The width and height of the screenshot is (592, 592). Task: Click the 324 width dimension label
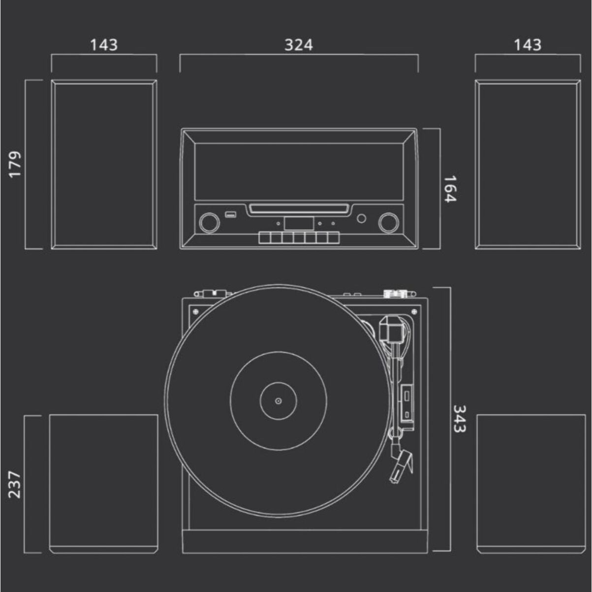coord(298,45)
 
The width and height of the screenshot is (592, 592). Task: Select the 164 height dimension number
coord(450,188)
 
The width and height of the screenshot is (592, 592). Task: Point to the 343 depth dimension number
coord(459,419)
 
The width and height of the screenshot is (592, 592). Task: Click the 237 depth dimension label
coord(15,484)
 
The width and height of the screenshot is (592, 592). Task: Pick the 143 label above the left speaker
coord(104,45)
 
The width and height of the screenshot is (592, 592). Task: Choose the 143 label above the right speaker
coord(528,45)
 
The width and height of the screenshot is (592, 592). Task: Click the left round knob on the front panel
coord(209,222)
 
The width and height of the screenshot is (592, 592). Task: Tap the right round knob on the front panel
coord(388,222)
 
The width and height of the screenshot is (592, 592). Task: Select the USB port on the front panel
coord(230,215)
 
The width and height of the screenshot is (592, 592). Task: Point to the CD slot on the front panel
coord(299,209)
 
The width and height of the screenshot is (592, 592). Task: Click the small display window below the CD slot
coord(299,223)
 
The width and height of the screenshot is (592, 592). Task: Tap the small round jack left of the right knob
coord(362,218)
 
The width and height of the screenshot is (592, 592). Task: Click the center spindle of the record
coord(278,401)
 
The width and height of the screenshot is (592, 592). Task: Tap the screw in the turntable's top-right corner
coord(413,311)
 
